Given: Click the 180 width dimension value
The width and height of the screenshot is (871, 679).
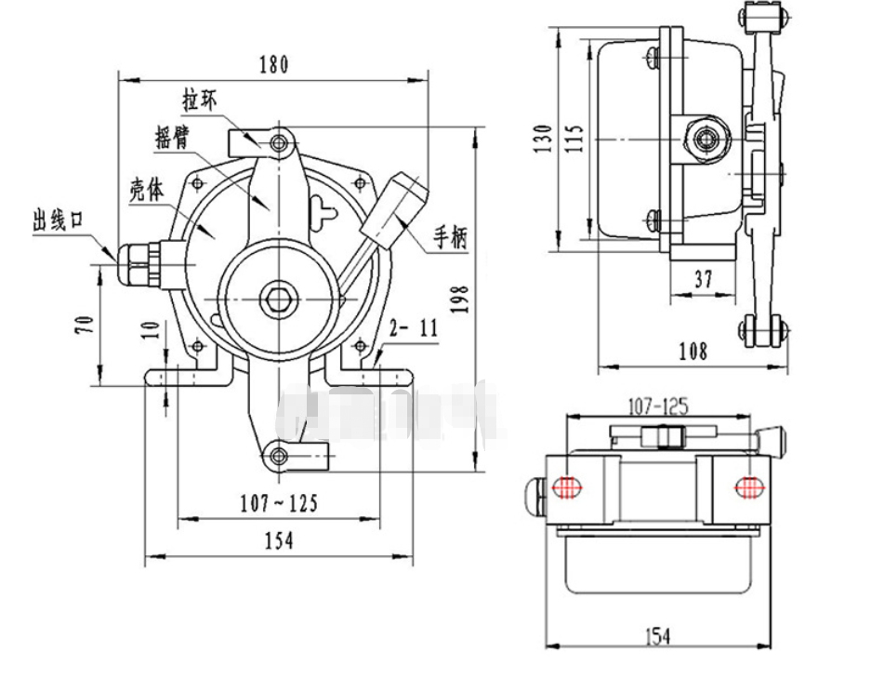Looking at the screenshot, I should coord(273,65).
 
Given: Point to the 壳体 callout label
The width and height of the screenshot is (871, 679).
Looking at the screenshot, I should coord(147,189).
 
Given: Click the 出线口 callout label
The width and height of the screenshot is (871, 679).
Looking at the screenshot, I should coord(59,220).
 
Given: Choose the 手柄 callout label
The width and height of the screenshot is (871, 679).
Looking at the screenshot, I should coord(450,239).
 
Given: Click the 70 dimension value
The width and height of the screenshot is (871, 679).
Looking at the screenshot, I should coord(84,326).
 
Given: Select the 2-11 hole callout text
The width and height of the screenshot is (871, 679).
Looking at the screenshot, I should coord(413,327).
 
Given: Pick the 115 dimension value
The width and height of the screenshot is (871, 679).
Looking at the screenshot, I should coord(574,139).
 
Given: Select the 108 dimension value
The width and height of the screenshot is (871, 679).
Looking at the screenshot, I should coord(693,351).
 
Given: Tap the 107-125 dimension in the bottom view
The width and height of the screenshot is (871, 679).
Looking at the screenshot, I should coord(657,406).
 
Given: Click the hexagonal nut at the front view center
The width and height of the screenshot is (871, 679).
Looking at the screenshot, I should coord(278,298).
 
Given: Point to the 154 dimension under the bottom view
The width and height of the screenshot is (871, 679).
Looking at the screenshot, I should coord(657,636).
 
